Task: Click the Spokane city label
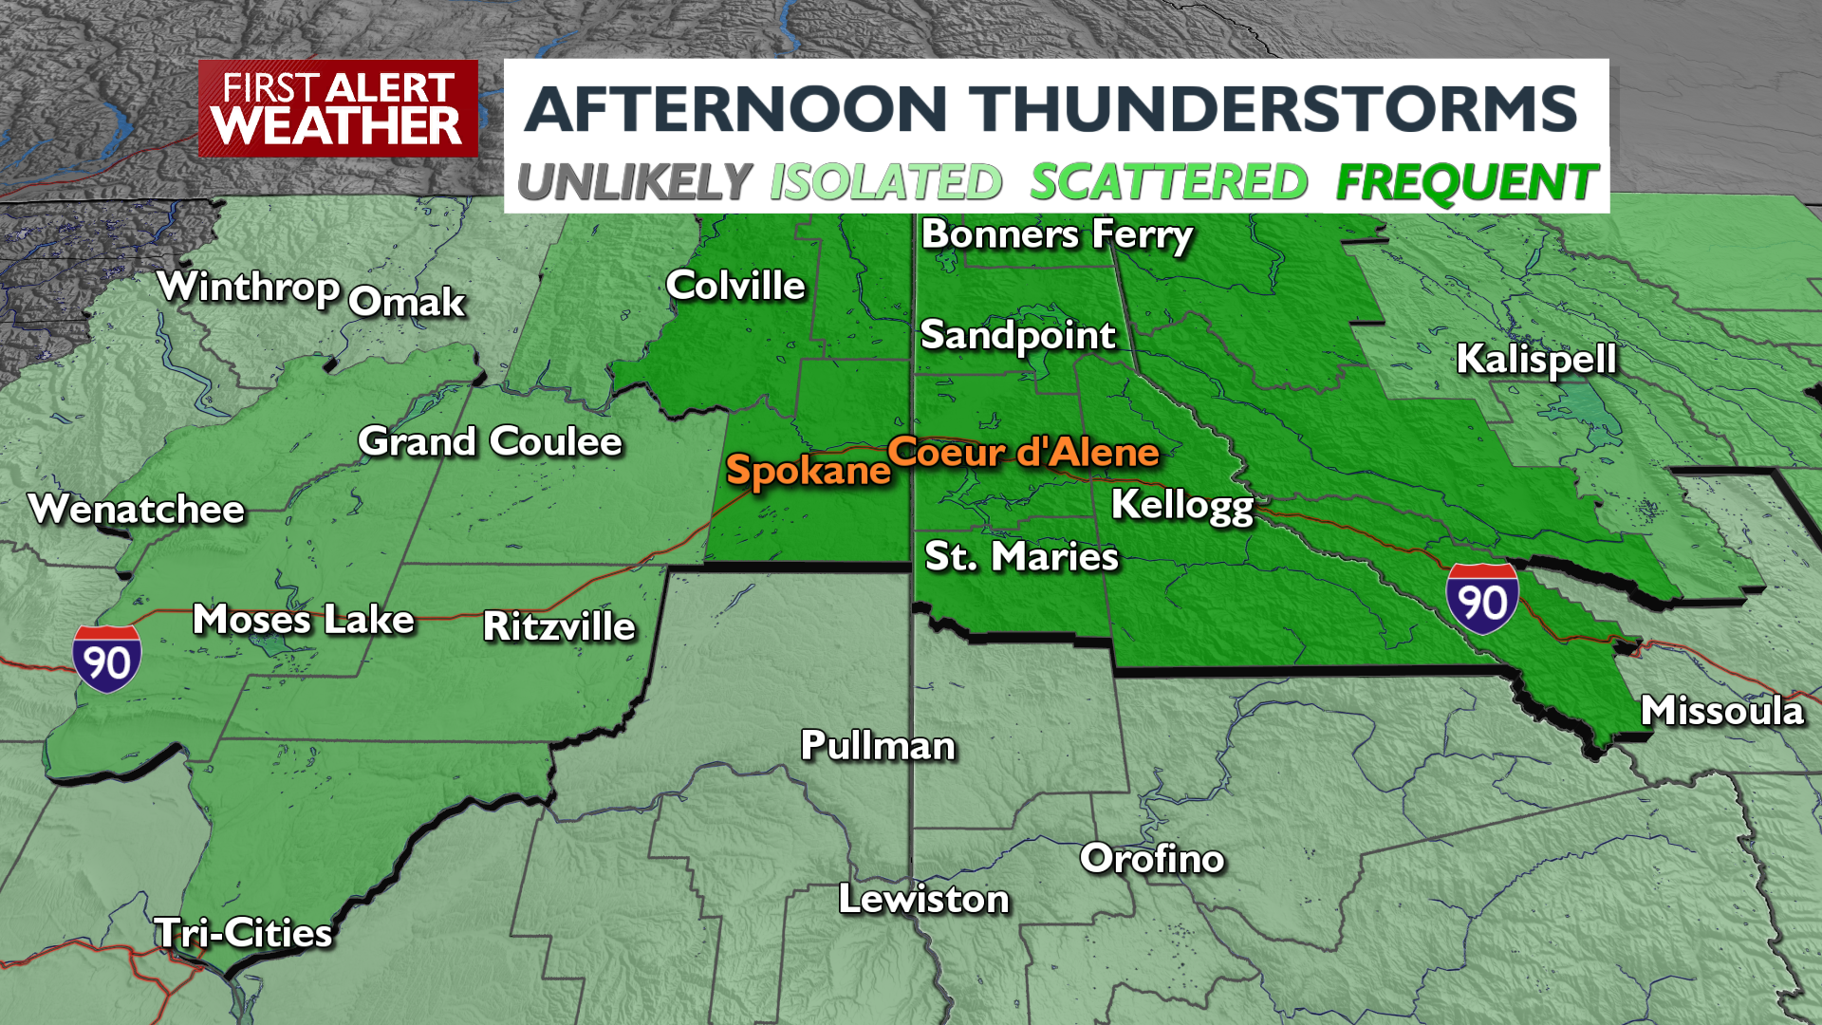[x=808, y=470]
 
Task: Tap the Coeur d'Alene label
[x=1023, y=452]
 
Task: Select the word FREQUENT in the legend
[x=1466, y=181]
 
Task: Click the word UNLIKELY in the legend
[x=635, y=181]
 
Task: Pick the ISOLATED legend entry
[x=885, y=181]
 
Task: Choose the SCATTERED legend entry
[x=1168, y=181]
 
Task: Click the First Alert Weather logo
[x=338, y=109]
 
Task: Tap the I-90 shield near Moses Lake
[x=107, y=659]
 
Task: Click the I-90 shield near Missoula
[x=1482, y=598]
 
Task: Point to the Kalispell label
[x=1536, y=359]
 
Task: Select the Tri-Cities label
[x=244, y=933]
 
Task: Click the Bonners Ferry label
[x=1057, y=234]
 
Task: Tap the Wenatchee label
[x=138, y=510]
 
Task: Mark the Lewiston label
[x=923, y=899]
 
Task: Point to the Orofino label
[x=1152, y=858]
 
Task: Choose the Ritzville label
[x=559, y=626]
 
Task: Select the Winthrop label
[x=249, y=287]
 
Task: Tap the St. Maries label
[x=1022, y=556]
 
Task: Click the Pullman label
[x=878, y=745]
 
